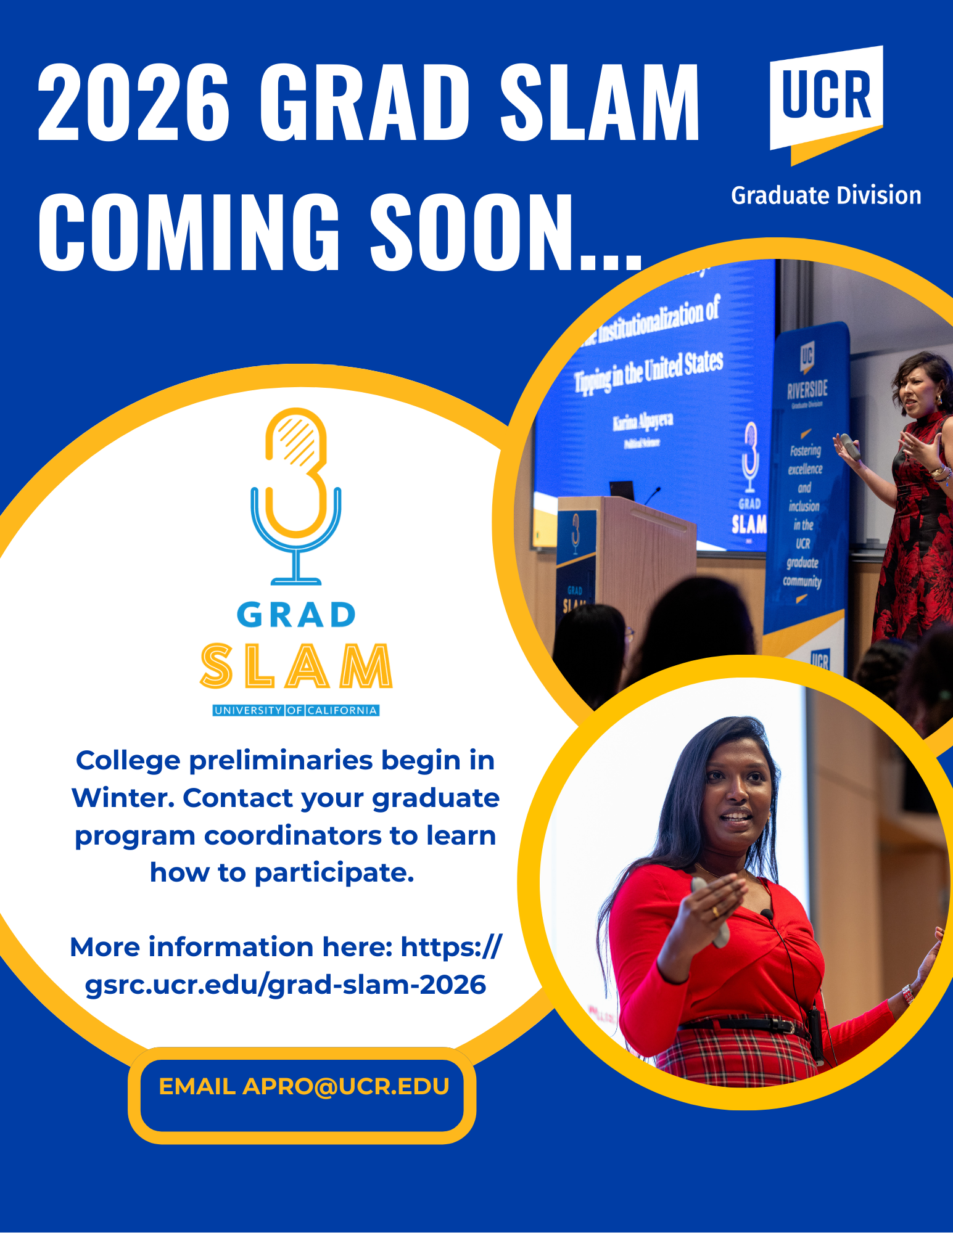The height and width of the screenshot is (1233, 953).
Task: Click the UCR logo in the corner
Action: (x=826, y=99)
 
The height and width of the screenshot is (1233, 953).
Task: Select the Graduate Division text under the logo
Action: (x=826, y=195)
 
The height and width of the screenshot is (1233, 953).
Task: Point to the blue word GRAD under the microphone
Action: (x=296, y=615)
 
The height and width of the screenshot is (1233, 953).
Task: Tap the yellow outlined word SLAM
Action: (x=296, y=666)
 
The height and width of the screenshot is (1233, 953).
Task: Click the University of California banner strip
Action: (x=296, y=710)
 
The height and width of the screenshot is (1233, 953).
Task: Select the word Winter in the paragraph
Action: (x=123, y=798)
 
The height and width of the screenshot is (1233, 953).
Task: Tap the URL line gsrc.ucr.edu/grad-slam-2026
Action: (x=285, y=985)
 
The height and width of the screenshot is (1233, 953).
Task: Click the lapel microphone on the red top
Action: (x=767, y=914)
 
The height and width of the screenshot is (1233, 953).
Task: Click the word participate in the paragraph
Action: (x=333, y=873)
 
